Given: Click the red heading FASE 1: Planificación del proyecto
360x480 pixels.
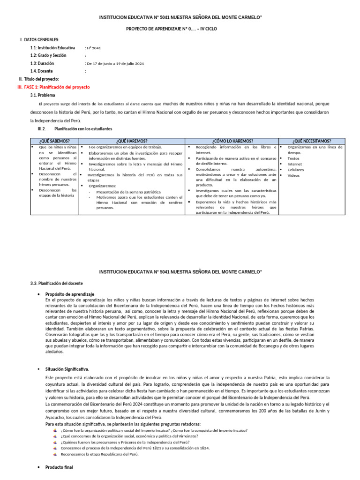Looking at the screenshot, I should point(57,87).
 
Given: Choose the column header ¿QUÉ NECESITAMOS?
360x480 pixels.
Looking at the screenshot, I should point(312,141).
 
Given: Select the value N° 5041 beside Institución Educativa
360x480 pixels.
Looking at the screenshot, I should point(93,48).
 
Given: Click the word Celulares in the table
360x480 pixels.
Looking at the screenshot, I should point(295,170).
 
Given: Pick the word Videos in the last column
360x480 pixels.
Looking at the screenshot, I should point(293,175).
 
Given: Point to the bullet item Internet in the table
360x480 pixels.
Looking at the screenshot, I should point(295,164).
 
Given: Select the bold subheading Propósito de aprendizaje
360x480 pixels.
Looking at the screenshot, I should point(70,294).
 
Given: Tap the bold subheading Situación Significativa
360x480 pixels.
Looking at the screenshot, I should point(67,369).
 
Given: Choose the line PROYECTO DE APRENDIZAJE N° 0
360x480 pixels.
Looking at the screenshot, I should point(172,29).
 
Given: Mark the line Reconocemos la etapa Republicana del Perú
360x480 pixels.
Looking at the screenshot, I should point(99,454).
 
